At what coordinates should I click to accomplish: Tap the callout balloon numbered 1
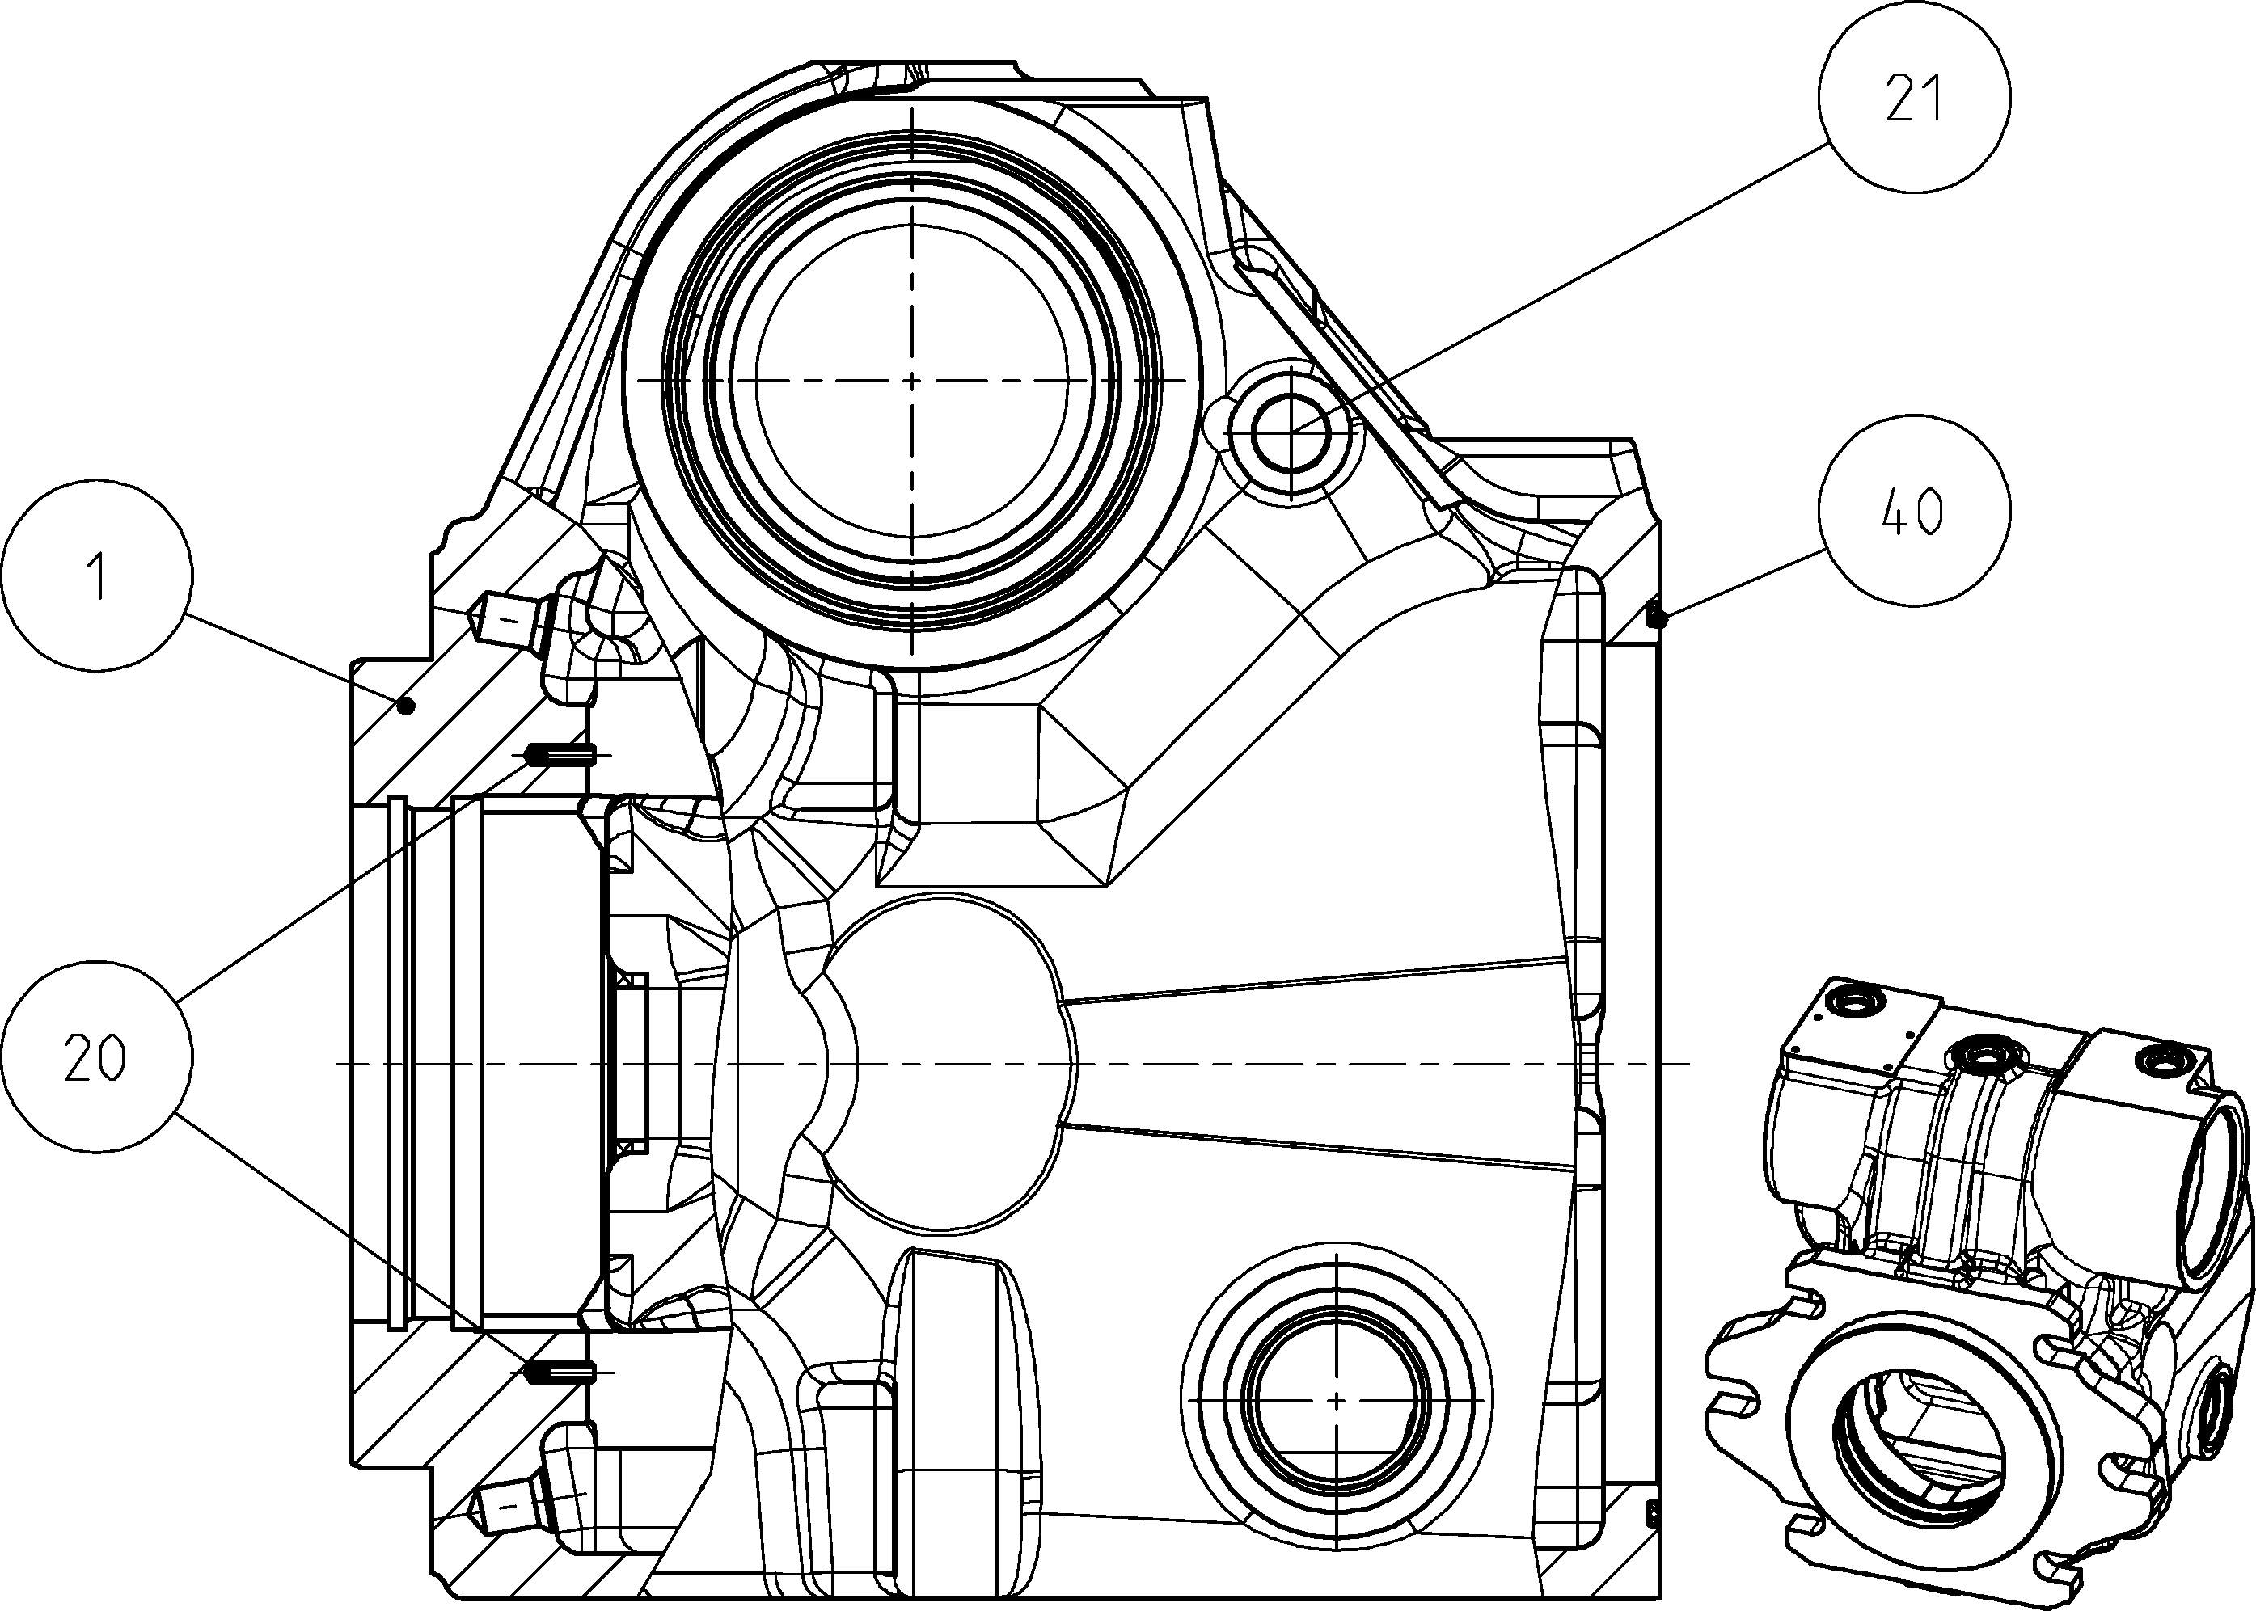tap(97, 576)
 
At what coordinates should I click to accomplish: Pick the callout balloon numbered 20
tap(97, 1056)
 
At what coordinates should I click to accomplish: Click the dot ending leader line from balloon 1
tap(405, 706)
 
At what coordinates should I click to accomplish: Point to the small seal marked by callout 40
tap(1654, 616)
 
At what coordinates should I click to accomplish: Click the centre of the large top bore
tap(910, 380)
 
